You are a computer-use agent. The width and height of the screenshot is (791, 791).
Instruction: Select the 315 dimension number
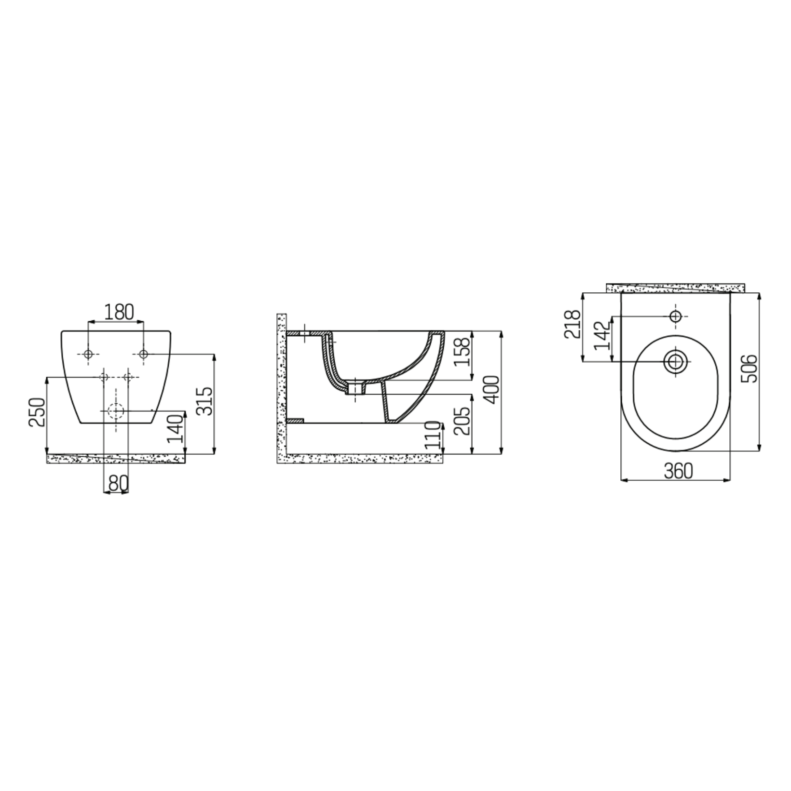coord(205,401)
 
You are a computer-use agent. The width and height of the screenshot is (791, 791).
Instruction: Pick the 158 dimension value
coord(462,352)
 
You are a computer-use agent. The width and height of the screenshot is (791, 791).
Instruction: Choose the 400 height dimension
coord(492,390)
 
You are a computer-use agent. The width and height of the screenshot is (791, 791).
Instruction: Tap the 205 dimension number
coord(462,421)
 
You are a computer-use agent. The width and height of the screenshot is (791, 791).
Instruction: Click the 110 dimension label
coord(434,436)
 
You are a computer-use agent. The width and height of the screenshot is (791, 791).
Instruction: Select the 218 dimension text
coord(574,324)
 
